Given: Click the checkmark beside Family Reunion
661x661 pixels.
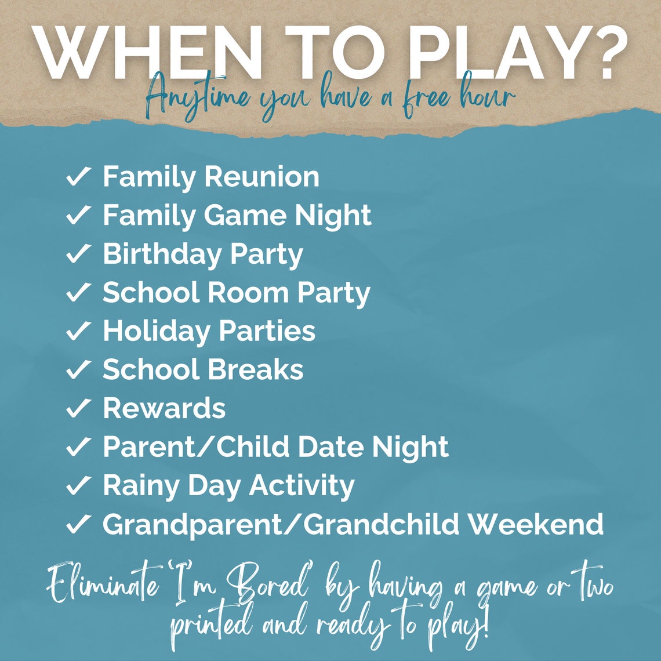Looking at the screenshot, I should (x=77, y=177).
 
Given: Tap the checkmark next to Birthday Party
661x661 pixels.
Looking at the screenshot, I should (x=77, y=255).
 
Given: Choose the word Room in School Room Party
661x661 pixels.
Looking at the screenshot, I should (x=250, y=293).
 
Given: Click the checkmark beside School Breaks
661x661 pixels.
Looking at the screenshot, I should (x=77, y=370).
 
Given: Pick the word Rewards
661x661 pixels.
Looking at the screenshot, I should (x=164, y=408).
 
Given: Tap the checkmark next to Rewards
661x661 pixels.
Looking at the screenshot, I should (x=77, y=408).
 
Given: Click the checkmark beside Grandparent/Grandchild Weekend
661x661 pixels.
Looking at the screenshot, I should (x=77, y=524).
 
